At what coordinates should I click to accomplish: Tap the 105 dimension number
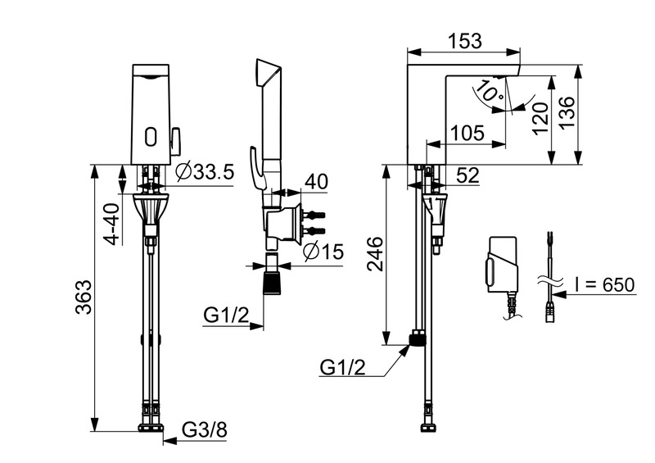coord(467,133)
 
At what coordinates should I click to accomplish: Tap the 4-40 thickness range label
coord(111,222)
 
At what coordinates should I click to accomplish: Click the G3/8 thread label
coord(202,429)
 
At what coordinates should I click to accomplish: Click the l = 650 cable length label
coord(603,284)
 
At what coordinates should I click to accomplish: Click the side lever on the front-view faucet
coord(175,140)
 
